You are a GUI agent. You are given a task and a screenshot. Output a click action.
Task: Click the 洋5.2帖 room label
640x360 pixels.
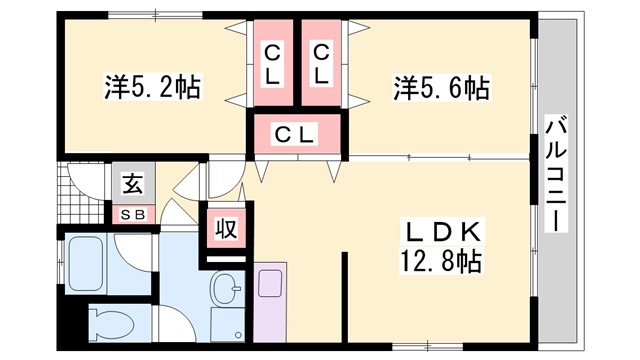point(152,88)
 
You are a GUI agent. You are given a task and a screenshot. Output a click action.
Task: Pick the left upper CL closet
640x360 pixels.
point(272,64)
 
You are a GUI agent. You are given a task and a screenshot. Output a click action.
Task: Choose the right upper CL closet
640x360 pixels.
point(321,64)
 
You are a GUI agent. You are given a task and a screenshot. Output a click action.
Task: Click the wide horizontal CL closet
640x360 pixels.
point(296,134)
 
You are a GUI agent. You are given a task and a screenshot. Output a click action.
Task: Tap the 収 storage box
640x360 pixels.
point(227,229)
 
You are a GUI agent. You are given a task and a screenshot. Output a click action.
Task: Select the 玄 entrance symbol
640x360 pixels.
point(132,185)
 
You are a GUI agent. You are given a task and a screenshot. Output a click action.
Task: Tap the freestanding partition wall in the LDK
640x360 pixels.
point(346,300)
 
